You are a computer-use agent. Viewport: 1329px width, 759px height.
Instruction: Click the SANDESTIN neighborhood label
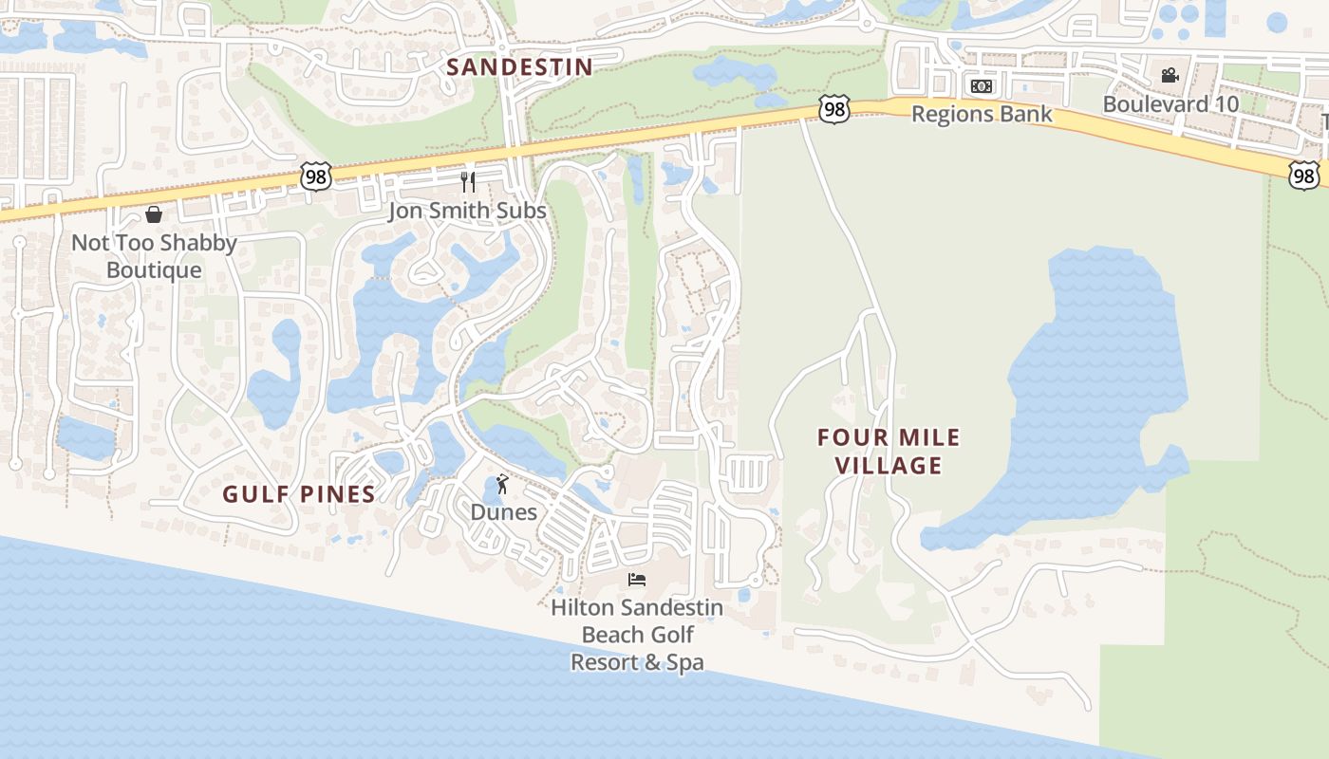519,67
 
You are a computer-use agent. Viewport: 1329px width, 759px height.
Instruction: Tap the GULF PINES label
299,493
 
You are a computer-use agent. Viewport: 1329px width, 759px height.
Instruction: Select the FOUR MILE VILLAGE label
889,452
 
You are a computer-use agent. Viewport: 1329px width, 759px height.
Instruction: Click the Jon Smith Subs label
467,211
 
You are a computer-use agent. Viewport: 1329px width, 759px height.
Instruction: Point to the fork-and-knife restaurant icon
467,182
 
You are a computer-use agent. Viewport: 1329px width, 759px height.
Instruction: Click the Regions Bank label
982,114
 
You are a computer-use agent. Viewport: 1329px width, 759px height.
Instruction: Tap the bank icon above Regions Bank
982,86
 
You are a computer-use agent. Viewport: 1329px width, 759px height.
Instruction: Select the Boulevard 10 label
1170,103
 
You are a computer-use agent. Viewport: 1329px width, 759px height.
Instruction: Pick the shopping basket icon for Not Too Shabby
154,214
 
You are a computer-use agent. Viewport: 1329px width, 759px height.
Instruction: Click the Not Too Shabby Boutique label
154,256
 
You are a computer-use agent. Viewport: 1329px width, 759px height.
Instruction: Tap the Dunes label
504,512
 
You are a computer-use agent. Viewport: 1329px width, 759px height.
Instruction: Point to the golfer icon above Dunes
503,485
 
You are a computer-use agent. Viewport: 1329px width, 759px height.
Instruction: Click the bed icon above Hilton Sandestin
637,579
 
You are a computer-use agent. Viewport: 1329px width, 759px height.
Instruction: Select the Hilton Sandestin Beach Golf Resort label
637,634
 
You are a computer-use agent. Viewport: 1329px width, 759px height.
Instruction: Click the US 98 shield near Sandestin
316,176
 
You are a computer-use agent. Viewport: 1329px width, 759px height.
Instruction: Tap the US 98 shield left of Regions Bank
833,110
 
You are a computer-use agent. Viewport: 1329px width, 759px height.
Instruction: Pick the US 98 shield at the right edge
1304,174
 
